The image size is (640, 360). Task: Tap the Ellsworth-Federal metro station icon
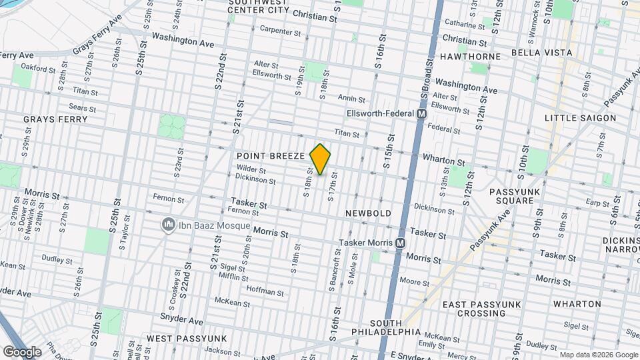tap(421, 114)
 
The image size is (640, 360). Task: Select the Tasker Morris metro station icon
tap(400, 243)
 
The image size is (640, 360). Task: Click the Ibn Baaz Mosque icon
tap(167, 225)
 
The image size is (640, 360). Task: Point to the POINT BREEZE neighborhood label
tap(271, 155)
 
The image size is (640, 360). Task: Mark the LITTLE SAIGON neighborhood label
tap(580, 118)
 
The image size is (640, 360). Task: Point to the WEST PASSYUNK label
tap(187, 339)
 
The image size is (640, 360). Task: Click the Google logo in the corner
tap(22, 351)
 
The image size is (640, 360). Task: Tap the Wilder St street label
tap(251, 169)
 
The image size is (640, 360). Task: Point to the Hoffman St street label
tap(266, 290)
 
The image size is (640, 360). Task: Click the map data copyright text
tap(597, 355)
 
